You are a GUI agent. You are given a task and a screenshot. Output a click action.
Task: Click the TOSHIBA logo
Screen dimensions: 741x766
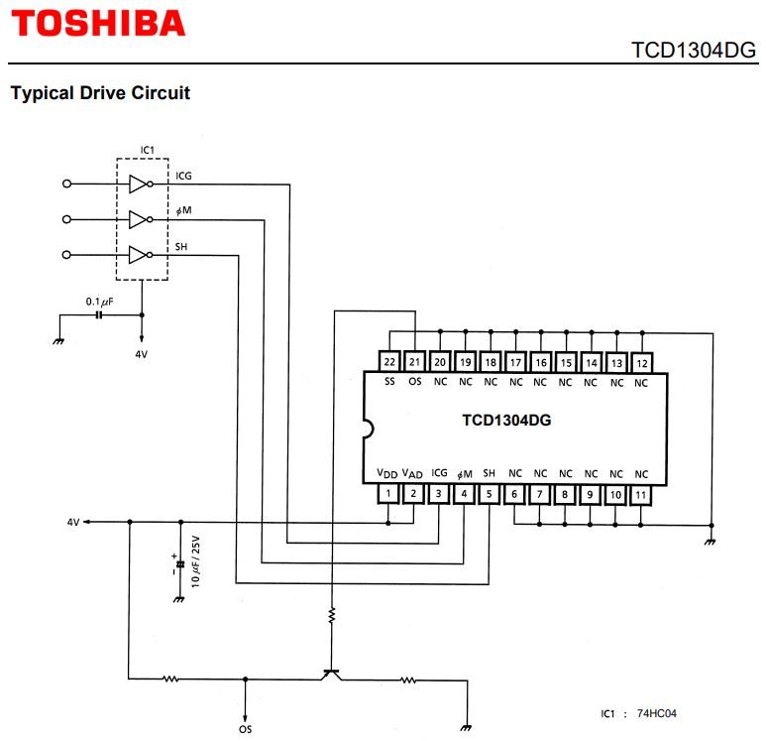click(x=98, y=23)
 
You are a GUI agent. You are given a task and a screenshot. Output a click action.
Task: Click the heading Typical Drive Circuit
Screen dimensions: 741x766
click(x=99, y=93)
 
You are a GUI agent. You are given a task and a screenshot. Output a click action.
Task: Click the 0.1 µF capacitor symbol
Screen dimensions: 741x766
click(x=99, y=314)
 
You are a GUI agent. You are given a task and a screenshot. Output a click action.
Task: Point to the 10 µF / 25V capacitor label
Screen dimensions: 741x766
click(x=196, y=561)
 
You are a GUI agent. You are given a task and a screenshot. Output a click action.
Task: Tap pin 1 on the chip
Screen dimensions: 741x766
click(x=389, y=493)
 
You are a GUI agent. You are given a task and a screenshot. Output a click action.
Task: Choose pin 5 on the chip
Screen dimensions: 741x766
click(x=490, y=493)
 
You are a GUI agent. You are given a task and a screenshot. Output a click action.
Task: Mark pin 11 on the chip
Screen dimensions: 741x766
click(x=641, y=493)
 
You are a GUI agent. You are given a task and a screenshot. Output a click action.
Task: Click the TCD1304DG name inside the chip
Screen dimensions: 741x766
click(x=505, y=420)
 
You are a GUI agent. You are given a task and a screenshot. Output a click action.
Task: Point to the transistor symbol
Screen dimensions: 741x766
click(x=332, y=675)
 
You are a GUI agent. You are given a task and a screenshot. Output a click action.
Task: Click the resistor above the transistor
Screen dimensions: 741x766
click(x=333, y=616)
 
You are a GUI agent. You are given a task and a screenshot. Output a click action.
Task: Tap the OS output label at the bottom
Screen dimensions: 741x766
click(x=245, y=729)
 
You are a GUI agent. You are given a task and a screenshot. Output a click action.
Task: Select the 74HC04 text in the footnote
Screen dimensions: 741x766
click(x=657, y=713)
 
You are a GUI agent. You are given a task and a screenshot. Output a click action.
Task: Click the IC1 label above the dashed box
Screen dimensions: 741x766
click(x=147, y=150)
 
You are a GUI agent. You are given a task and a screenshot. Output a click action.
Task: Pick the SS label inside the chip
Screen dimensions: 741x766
click(x=389, y=381)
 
